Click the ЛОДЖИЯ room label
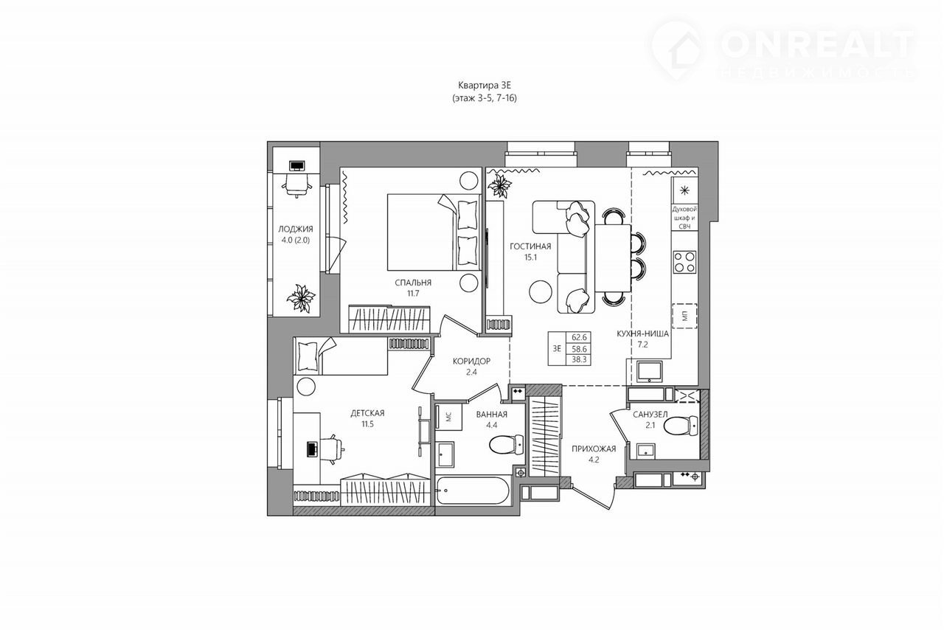pyautogui.click(x=296, y=229)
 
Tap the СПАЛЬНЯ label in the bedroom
pyautogui.click(x=413, y=283)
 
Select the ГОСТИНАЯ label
pyautogui.click(x=530, y=246)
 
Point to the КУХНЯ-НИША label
pyautogui.click(x=642, y=334)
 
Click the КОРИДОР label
pyautogui.click(x=471, y=361)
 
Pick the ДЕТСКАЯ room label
pyautogui.click(x=367, y=413)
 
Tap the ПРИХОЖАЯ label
pyautogui.click(x=594, y=449)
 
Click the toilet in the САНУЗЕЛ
pyautogui.click(x=681, y=426)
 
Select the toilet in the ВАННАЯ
pyautogui.click(x=507, y=444)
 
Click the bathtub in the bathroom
pyautogui.click(x=473, y=490)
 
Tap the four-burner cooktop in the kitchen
pyautogui.click(x=684, y=261)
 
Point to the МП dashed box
pyautogui.click(x=684, y=316)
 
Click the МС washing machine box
pyautogui.click(x=449, y=417)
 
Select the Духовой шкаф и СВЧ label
pyautogui.click(x=684, y=218)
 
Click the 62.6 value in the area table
pyautogui.click(x=579, y=337)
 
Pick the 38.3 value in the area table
pyautogui.click(x=579, y=360)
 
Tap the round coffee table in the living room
pyautogui.click(x=541, y=291)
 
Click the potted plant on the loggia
pyautogui.click(x=301, y=298)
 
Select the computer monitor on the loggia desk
pyautogui.click(x=297, y=165)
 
